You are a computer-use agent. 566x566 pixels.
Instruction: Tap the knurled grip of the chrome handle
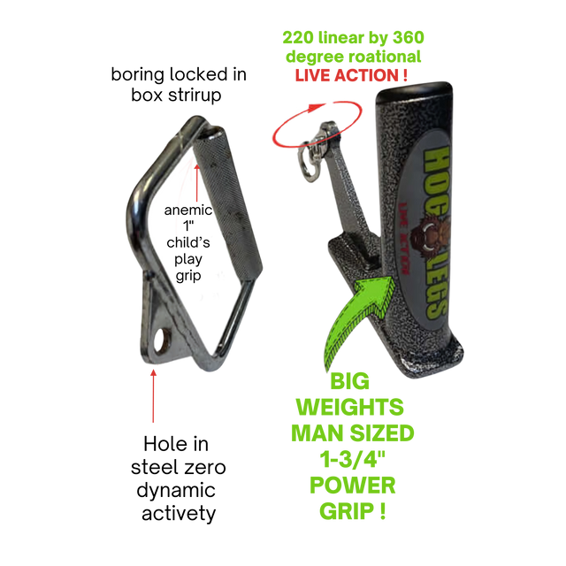[228, 203]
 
